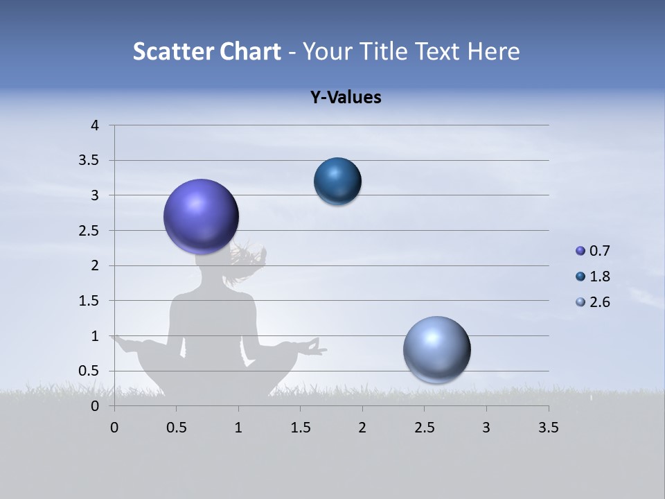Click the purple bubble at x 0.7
(201, 216)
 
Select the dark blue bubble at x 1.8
(337, 181)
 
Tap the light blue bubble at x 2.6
(436, 349)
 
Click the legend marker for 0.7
(580, 251)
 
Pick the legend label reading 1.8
(599, 277)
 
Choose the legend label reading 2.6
(599, 302)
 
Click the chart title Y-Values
(345, 98)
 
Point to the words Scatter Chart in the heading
(206, 51)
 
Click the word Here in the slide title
(493, 51)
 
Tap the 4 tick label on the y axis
(96, 125)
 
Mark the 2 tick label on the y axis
(96, 265)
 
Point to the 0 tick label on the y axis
(96, 406)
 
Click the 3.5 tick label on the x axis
(548, 428)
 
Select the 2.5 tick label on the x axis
(424, 428)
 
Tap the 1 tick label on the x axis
(238, 428)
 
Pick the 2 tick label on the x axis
(362, 428)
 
